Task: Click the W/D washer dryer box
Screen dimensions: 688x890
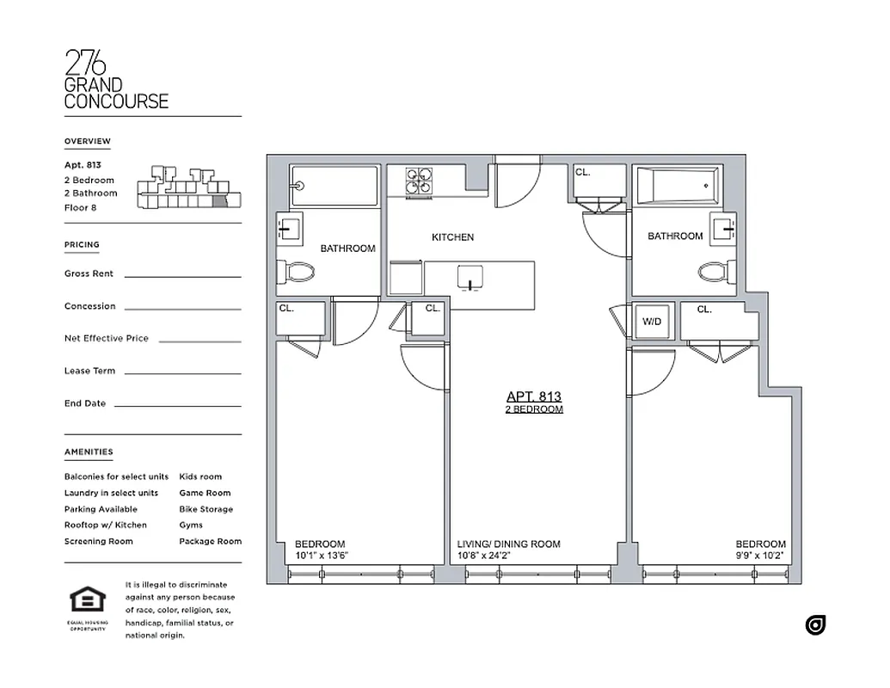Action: pyautogui.click(x=653, y=322)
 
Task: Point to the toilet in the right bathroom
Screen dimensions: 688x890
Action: pyautogui.click(x=714, y=273)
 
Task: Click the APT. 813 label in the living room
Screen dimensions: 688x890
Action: pyautogui.click(x=533, y=396)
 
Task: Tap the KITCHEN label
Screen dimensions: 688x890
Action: pyautogui.click(x=452, y=237)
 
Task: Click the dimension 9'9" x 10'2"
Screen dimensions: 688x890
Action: pyautogui.click(x=759, y=556)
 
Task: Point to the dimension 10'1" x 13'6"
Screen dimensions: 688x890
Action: pyautogui.click(x=321, y=556)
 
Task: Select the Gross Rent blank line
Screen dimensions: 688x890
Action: pyautogui.click(x=182, y=276)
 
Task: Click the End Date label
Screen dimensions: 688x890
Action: pyautogui.click(x=85, y=403)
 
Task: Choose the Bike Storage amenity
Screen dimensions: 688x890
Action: pyautogui.click(x=206, y=509)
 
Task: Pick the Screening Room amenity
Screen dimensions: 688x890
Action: pyautogui.click(x=98, y=542)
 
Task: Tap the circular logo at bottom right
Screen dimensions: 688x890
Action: pyautogui.click(x=815, y=625)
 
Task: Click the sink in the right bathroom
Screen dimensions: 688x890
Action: pyautogui.click(x=729, y=228)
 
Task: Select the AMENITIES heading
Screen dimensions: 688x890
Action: pyautogui.click(x=88, y=452)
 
